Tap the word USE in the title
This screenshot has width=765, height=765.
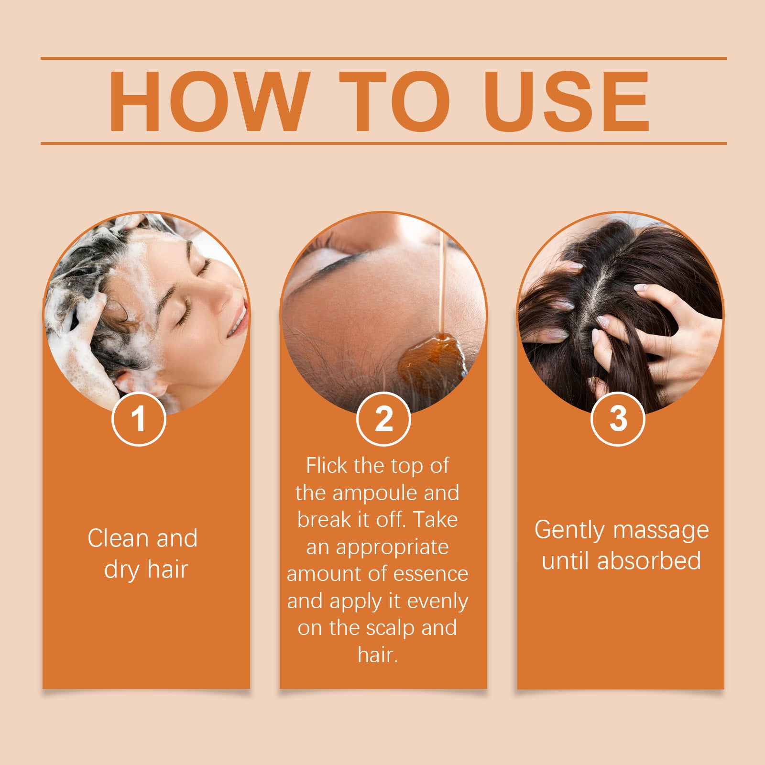[567, 101]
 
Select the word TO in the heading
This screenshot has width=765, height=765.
[395, 101]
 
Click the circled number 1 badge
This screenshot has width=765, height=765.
[139, 419]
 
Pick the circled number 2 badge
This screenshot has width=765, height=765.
[383, 419]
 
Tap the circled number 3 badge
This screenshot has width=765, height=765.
[618, 419]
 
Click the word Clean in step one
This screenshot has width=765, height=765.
[119, 539]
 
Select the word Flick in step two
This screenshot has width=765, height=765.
[327, 466]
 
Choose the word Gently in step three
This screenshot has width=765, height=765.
[569, 531]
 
